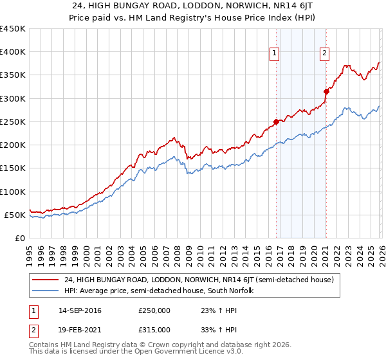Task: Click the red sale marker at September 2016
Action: (x=276, y=122)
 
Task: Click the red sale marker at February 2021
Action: (x=326, y=91)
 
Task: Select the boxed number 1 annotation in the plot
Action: (x=275, y=53)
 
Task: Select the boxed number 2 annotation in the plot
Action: (x=325, y=53)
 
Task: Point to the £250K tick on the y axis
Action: (x=13, y=122)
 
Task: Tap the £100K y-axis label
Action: (x=13, y=192)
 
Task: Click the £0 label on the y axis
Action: (x=20, y=238)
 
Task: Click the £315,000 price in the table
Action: (x=154, y=330)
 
